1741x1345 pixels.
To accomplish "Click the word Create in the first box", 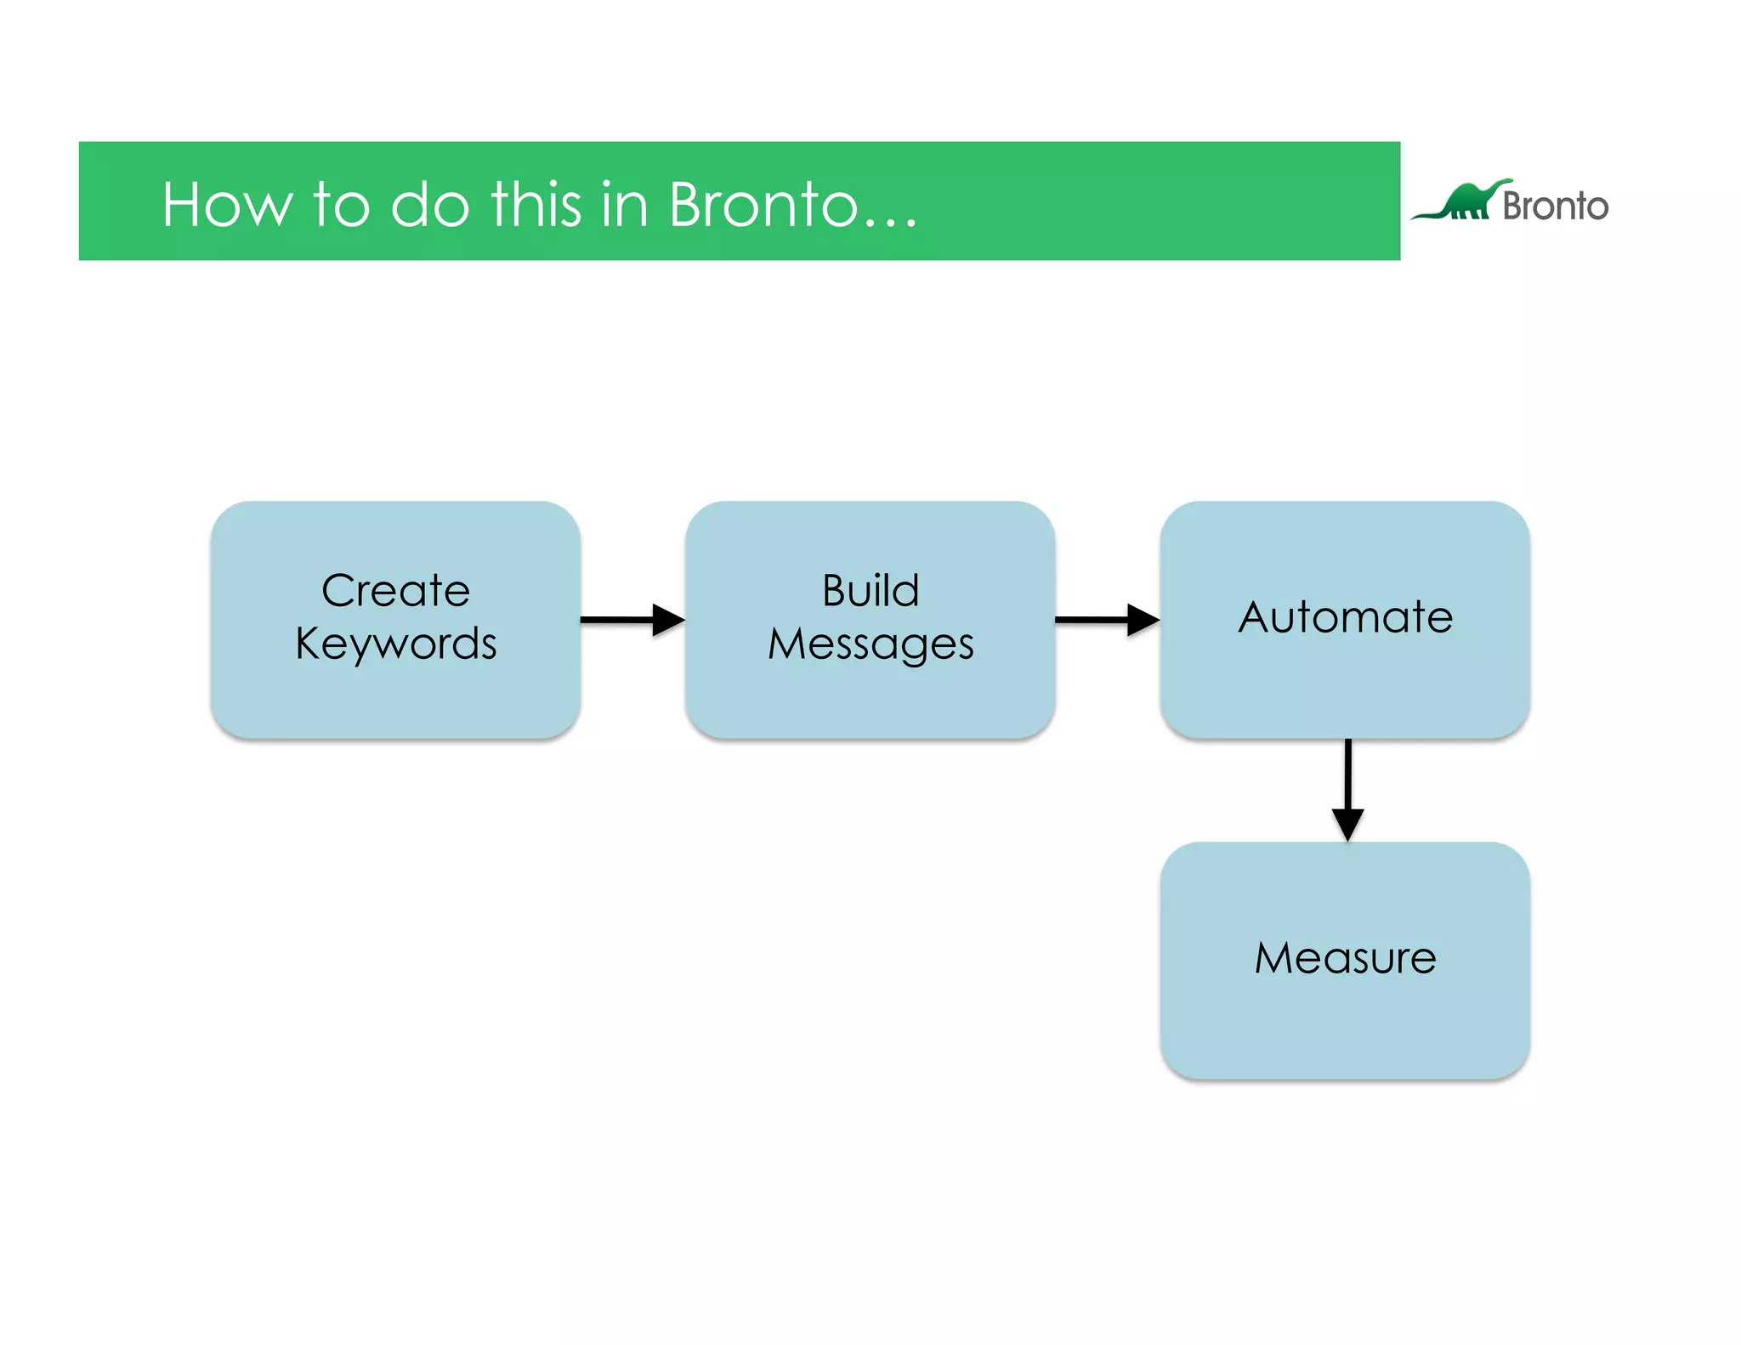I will click(395, 591).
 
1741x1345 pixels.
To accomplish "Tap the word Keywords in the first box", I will click(395, 644).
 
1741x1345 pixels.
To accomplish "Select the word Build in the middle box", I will click(870, 591).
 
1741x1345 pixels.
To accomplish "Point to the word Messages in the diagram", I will click(870, 644).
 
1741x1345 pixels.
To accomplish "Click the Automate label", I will click(1345, 617).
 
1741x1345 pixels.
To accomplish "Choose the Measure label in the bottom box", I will click(1345, 958).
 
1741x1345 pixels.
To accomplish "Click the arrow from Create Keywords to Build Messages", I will click(625, 620).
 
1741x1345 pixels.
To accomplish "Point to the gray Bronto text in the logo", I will click(1555, 207).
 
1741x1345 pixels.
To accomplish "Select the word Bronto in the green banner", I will click(763, 206).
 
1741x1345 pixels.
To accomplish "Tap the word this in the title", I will click(536, 206).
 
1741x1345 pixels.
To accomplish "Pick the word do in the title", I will click(429, 206).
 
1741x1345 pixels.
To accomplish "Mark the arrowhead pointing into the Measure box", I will click(1347, 823).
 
